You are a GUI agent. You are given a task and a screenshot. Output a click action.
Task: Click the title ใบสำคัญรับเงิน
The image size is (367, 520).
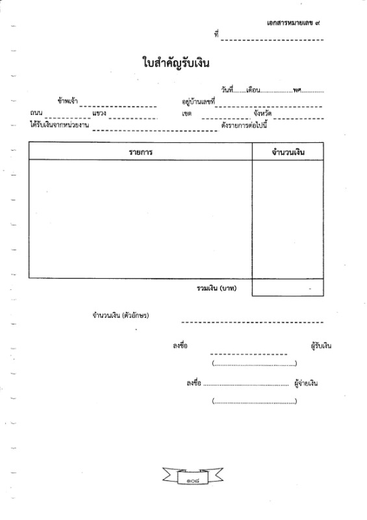pyautogui.click(x=176, y=63)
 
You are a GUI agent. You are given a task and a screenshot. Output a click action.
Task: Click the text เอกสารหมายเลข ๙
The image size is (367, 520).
pyautogui.click(x=294, y=23)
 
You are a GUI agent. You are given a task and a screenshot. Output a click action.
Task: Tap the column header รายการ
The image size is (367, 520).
pyautogui.click(x=140, y=152)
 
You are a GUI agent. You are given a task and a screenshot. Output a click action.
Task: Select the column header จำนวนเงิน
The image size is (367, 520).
pyautogui.click(x=288, y=152)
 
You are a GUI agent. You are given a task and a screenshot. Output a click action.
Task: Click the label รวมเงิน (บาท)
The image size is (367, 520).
pyautogui.click(x=216, y=288)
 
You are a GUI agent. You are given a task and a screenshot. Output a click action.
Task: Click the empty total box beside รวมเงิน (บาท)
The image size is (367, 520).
pyautogui.click(x=288, y=287)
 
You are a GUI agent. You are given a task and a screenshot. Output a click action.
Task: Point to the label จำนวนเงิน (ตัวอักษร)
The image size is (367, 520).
pyautogui.click(x=121, y=315)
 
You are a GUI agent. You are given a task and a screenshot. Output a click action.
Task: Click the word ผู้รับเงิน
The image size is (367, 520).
pyautogui.click(x=321, y=346)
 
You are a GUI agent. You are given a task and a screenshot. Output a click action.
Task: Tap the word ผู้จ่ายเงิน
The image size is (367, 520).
pyautogui.click(x=306, y=383)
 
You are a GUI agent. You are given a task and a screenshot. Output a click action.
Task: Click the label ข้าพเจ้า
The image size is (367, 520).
pyautogui.click(x=68, y=101)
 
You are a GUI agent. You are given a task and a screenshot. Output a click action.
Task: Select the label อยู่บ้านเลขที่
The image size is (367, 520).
pyautogui.click(x=198, y=101)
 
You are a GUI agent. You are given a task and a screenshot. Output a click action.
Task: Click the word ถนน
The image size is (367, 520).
pyautogui.click(x=36, y=112)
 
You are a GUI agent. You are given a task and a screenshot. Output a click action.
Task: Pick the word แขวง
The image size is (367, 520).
pyautogui.click(x=99, y=113)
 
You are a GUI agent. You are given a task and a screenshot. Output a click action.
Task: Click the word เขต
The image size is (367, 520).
pyautogui.click(x=186, y=113)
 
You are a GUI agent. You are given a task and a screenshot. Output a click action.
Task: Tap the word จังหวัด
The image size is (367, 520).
pyautogui.click(x=262, y=113)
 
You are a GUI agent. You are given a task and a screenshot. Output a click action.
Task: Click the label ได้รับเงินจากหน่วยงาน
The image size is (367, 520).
pyautogui.click(x=59, y=125)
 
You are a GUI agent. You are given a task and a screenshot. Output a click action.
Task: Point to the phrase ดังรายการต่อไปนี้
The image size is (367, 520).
pyautogui.click(x=244, y=125)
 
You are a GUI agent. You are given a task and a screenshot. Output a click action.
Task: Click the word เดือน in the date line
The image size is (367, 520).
pyautogui.click(x=253, y=90)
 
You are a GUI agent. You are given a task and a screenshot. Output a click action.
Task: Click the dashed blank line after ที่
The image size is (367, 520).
pyautogui.click(x=272, y=40)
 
